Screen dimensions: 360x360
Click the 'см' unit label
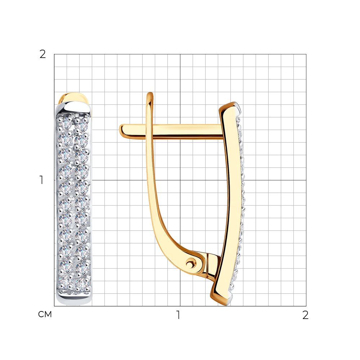tap(45, 314)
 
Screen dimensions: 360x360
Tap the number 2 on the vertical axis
tap(43, 54)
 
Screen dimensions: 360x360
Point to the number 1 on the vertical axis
tap(41, 180)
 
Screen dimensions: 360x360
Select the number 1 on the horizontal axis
tap(178, 315)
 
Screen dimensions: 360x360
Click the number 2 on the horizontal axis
tap(305, 315)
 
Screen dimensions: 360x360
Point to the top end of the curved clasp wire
tap(150, 94)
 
